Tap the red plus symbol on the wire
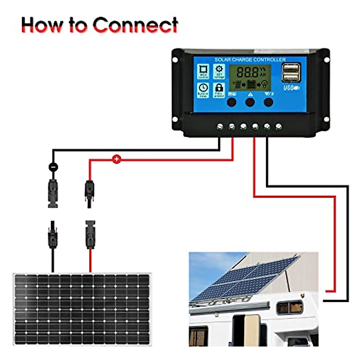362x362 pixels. click(116, 159)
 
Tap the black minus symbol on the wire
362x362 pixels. click(53, 166)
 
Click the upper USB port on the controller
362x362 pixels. click(291, 68)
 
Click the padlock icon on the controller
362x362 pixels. click(219, 88)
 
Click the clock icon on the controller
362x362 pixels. click(203, 88)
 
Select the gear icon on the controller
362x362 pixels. click(219, 69)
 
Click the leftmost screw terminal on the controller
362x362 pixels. click(220, 126)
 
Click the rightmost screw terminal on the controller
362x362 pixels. click(279, 126)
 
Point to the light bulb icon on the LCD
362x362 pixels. click(265, 84)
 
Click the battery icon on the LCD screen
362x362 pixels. click(251, 84)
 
